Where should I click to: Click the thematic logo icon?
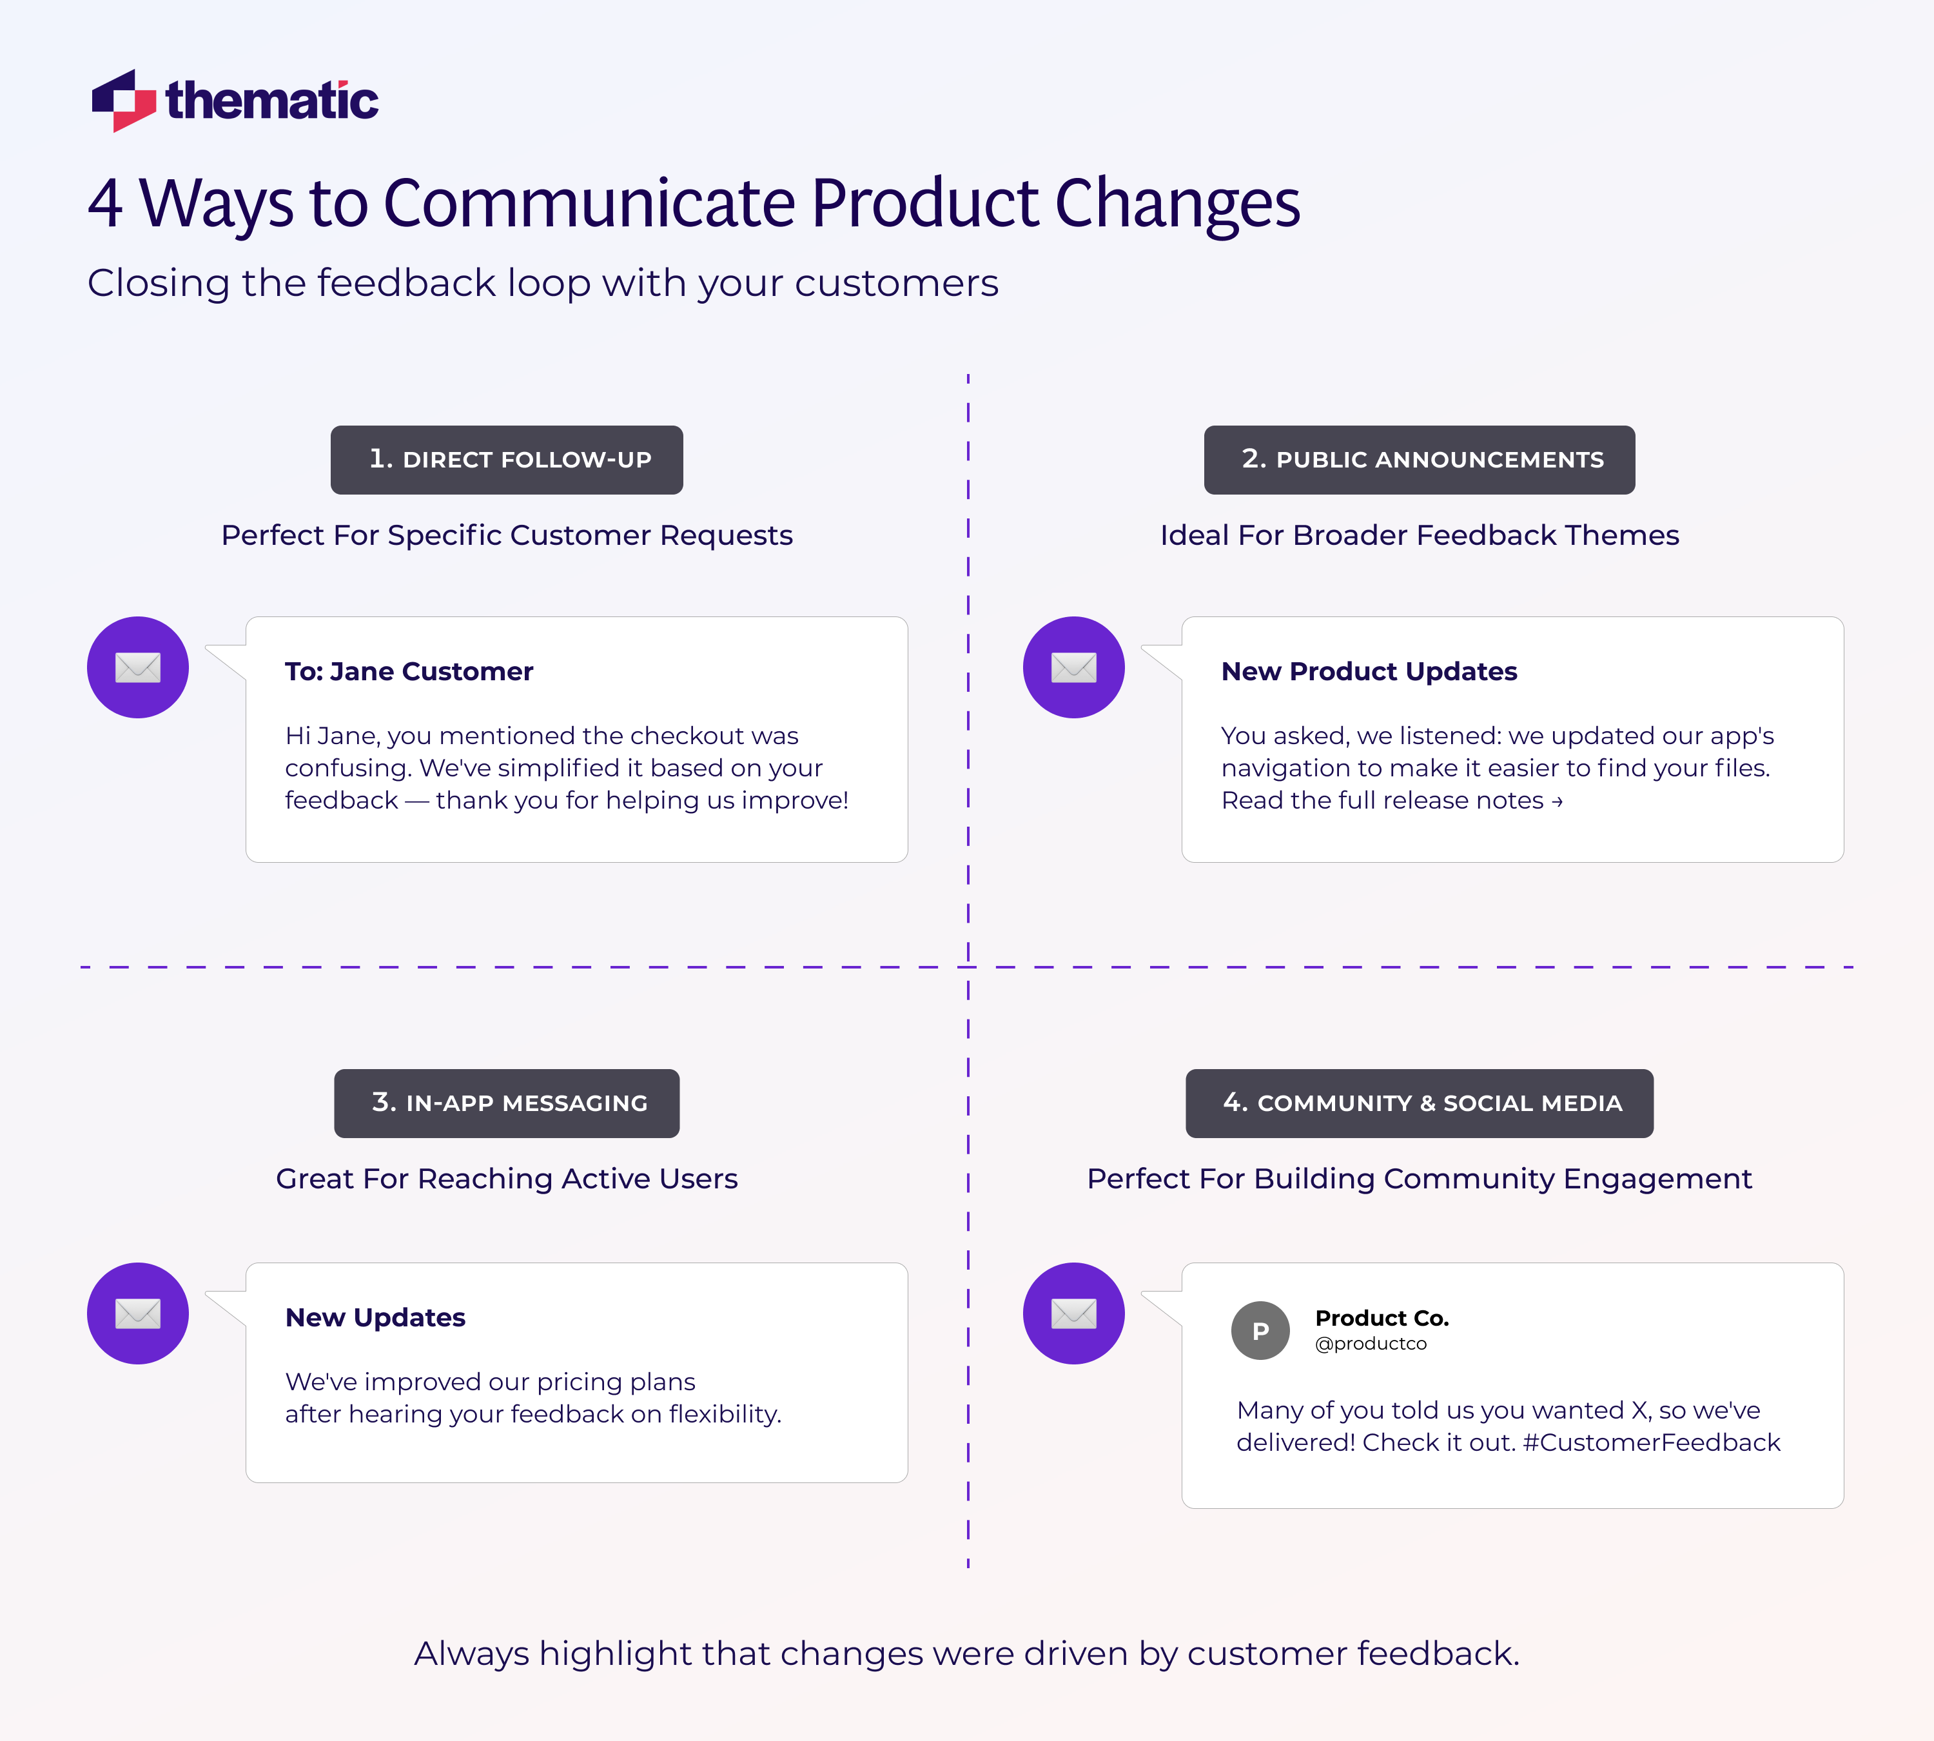pyautogui.click(x=123, y=101)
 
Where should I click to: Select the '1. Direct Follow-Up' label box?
pyautogui.click(x=507, y=460)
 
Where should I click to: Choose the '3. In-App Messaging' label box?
pyautogui.click(x=507, y=1103)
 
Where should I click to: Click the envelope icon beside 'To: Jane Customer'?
pyautogui.click(x=138, y=667)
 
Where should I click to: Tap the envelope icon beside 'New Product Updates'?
pyautogui.click(x=1073, y=667)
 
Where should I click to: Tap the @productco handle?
pyautogui.click(x=1371, y=1344)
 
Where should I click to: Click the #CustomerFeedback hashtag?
pyautogui.click(x=1651, y=1442)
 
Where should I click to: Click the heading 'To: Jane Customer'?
pyautogui.click(x=409, y=671)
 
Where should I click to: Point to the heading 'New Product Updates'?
pyautogui.click(x=1369, y=671)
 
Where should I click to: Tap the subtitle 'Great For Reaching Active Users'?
pyautogui.click(x=507, y=1179)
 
